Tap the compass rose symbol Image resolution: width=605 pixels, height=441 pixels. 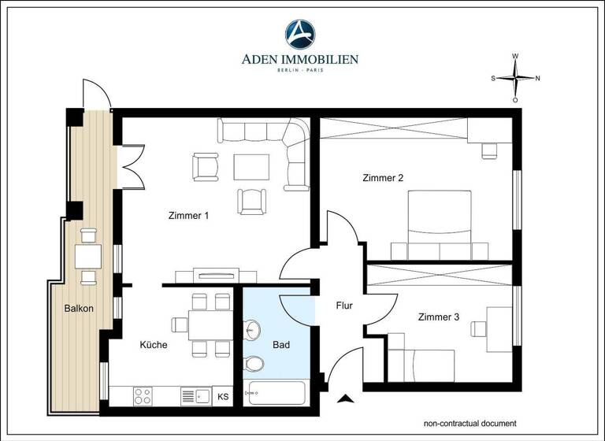tap(515, 78)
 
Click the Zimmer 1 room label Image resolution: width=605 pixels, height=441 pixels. tap(188, 215)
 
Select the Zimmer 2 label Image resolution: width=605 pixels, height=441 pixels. tap(383, 178)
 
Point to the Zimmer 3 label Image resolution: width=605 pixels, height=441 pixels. tap(439, 317)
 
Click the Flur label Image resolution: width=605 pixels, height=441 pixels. tap(344, 305)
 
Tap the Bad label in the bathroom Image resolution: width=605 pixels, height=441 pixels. tap(281, 345)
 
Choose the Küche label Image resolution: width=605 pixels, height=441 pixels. tap(154, 345)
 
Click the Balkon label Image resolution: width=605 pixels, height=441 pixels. tap(79, 308)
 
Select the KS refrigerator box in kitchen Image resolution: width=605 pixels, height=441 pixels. tap(224, 396)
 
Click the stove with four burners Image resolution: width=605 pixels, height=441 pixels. tap(143, 395)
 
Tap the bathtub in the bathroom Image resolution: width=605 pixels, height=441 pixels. tap(277, 393)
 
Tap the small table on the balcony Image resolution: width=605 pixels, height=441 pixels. tap(87, 256)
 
